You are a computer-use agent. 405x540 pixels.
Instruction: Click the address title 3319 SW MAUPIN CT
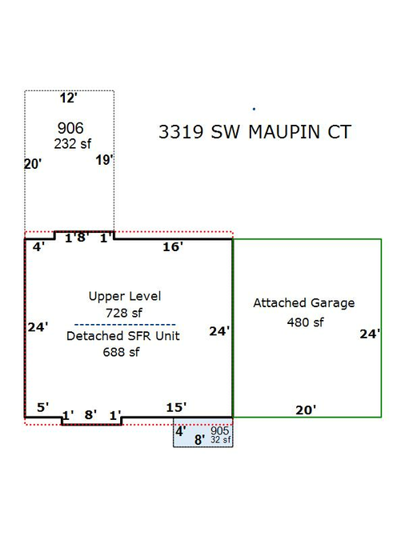(x=255, y=132)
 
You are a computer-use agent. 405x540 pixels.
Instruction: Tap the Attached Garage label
(x=304, y=302)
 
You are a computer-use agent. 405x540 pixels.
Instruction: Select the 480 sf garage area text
(x=305, y=322)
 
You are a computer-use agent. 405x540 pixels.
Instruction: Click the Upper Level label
(x=124, y=297)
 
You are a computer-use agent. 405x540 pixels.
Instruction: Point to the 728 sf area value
(x=124, y=313)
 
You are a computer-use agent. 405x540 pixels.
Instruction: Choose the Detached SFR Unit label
(x=123, y=336)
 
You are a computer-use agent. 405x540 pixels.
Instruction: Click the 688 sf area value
(x=121, y=352)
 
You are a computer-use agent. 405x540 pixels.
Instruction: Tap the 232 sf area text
(x=72, y=144)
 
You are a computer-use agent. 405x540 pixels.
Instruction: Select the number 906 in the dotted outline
(x=70, y=128)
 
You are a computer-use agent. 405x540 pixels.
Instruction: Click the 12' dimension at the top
(x=68, y=98)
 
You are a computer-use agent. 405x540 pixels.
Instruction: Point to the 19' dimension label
(x=104, y=160)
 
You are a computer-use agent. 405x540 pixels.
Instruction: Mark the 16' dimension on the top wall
(x=173, y=246)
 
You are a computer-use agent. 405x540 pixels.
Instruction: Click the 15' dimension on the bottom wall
(x=176, y=407)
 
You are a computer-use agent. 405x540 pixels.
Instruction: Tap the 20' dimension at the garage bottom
(x=306, y=410)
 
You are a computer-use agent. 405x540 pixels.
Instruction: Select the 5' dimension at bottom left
(x=42, y=407)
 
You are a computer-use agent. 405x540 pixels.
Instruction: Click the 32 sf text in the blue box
(x=221, y=440)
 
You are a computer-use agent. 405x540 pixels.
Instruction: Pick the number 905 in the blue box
(x=219, y=431)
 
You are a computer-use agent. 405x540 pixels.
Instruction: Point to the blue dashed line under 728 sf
(x=125, y=325)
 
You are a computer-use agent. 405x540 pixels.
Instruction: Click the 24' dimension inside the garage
(x=370, y=334)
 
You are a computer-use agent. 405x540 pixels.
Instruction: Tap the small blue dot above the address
(x=254, y=109)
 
